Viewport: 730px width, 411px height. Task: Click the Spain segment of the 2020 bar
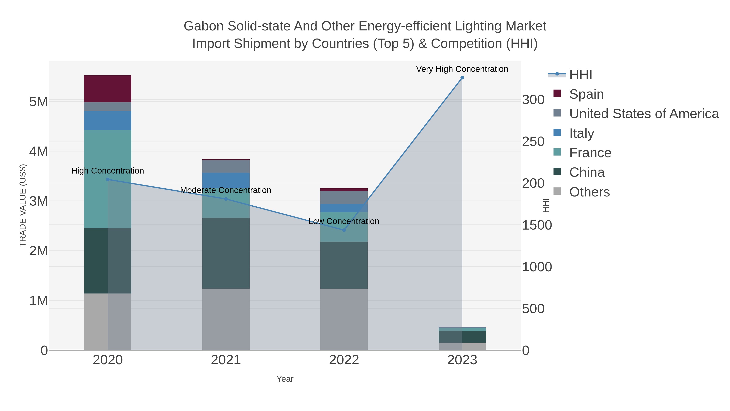pyautogui.click(x=108, y=89)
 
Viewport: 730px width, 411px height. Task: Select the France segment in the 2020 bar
pyautogui.click(x=108, y=179)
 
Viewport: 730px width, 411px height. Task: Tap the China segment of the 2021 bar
pyautogui.click(x=226, y=253)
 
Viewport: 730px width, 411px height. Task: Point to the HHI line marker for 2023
pyautogui.click(x=462, y=78)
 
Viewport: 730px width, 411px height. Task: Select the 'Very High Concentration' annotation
pyautogui.click(x=462, y=69)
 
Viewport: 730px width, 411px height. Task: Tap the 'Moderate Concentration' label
pyautogui.click(x=225, y=190)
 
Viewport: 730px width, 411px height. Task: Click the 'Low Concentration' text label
pyautogui.click(x=344, y=221)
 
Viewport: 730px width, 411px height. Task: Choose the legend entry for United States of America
pyautogui.click(x=644, y=114)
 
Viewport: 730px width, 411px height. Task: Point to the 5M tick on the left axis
pyautogui.click(x=39, y=101)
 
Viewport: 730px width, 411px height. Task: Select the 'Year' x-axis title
pyautogui.click(x=285, y=379)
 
